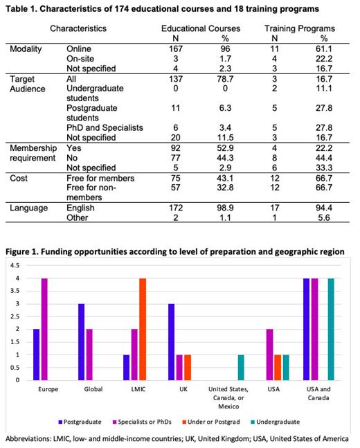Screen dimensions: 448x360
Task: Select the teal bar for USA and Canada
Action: [x=331, y=329]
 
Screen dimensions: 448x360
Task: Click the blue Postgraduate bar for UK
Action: [x=172, y=341]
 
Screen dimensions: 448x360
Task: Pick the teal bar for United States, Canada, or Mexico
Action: [x=240, y=367]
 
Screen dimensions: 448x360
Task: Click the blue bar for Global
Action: [x=81, y=341]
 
